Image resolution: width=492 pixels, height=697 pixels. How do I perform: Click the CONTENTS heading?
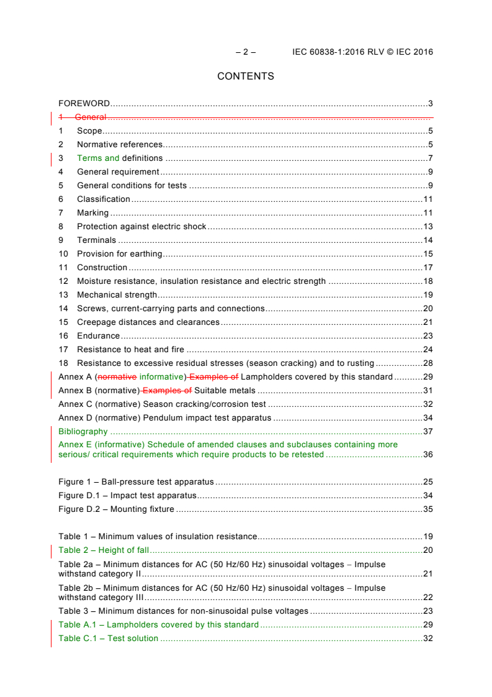click(x=246, y=76)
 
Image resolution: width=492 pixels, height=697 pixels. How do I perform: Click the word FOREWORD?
click(x=84, y=104)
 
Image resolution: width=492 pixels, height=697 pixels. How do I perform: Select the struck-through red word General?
click(x=91, y=117)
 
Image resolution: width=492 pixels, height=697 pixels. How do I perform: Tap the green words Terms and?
click(x=98, y=158)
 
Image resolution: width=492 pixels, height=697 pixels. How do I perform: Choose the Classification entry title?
click(x=104, y=199)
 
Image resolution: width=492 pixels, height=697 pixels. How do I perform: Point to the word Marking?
click(x=92, y=213)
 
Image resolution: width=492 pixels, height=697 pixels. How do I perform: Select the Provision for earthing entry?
click(x=119, y=254)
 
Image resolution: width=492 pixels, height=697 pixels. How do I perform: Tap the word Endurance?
click(x=98, y=336)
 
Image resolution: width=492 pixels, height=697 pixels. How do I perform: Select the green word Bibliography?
click(x=83, y=432)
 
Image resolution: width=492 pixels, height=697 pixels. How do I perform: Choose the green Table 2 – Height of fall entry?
click(x=104, y=550)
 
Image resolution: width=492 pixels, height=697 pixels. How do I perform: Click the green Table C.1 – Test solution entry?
click(x=108, y=639)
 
